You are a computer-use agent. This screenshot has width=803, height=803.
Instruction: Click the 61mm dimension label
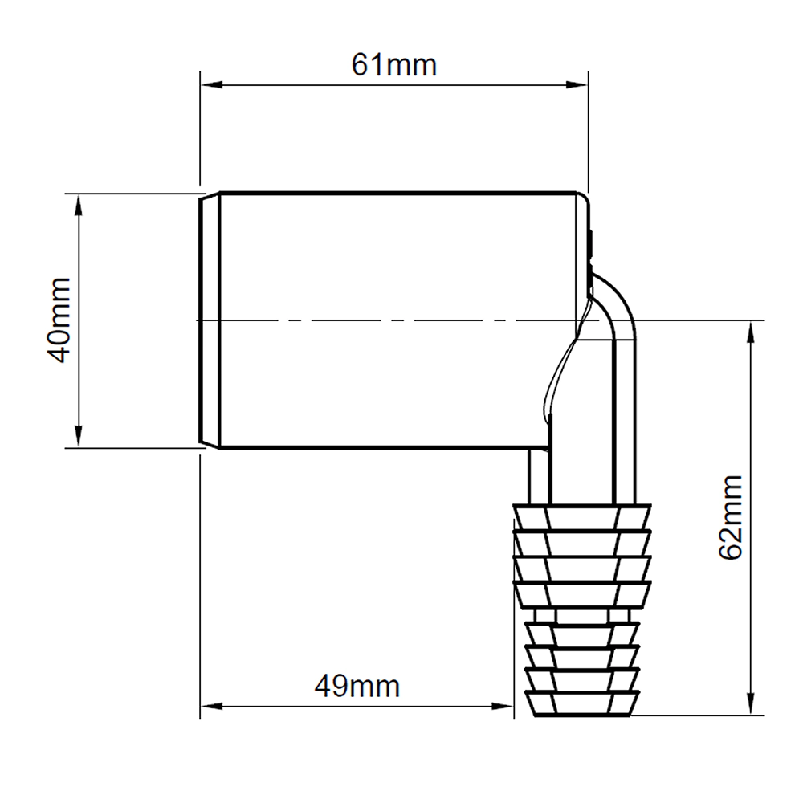pyautogui.click(x=393, y=65)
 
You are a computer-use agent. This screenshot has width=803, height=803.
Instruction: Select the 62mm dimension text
pyautogui.click(x=731, y=517)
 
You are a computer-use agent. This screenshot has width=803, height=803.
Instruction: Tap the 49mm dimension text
pyautogui.click(x=357, y=687)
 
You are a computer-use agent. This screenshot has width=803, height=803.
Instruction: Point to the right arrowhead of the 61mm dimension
pyautogui.click(x=577, y=84)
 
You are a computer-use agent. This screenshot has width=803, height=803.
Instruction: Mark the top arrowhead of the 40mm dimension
pyautogui.click(x=79, y=206)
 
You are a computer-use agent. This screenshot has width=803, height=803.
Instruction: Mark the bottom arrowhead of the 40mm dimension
pyautogui.click(x=79, y=436)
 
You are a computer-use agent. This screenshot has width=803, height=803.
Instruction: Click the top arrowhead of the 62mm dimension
pyautogui.click(x=752, y=333)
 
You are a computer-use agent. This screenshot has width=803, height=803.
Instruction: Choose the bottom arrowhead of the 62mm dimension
pyautogui.click(x=752, y=703)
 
